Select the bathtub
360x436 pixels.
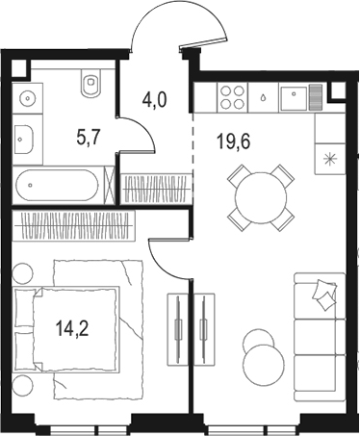pyautogui.click(x=59, y=182)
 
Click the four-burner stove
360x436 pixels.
pyautogui.click(x=232, y=96)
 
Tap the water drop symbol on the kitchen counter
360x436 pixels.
pyautogui.click(x=264, y=96)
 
